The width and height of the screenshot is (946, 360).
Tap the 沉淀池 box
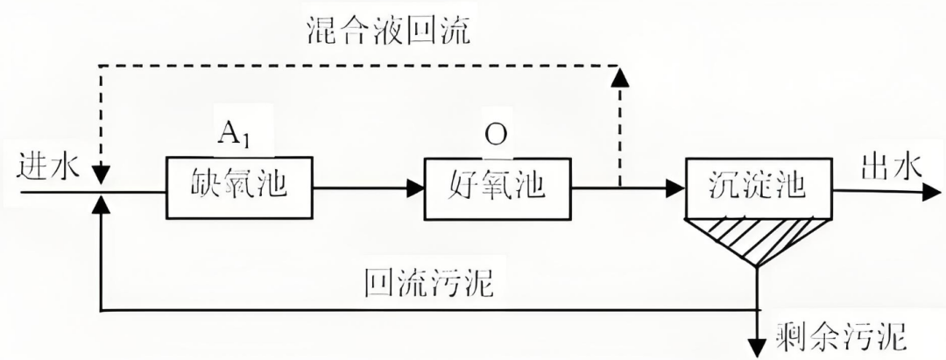(x=756, y=187)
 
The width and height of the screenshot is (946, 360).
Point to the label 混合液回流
(x=387, y=32)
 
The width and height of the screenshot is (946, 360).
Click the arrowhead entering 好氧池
(x=415, y=187)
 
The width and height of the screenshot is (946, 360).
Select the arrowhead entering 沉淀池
(x=674, y=187)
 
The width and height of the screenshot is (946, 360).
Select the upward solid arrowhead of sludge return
(x=102, y=205)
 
